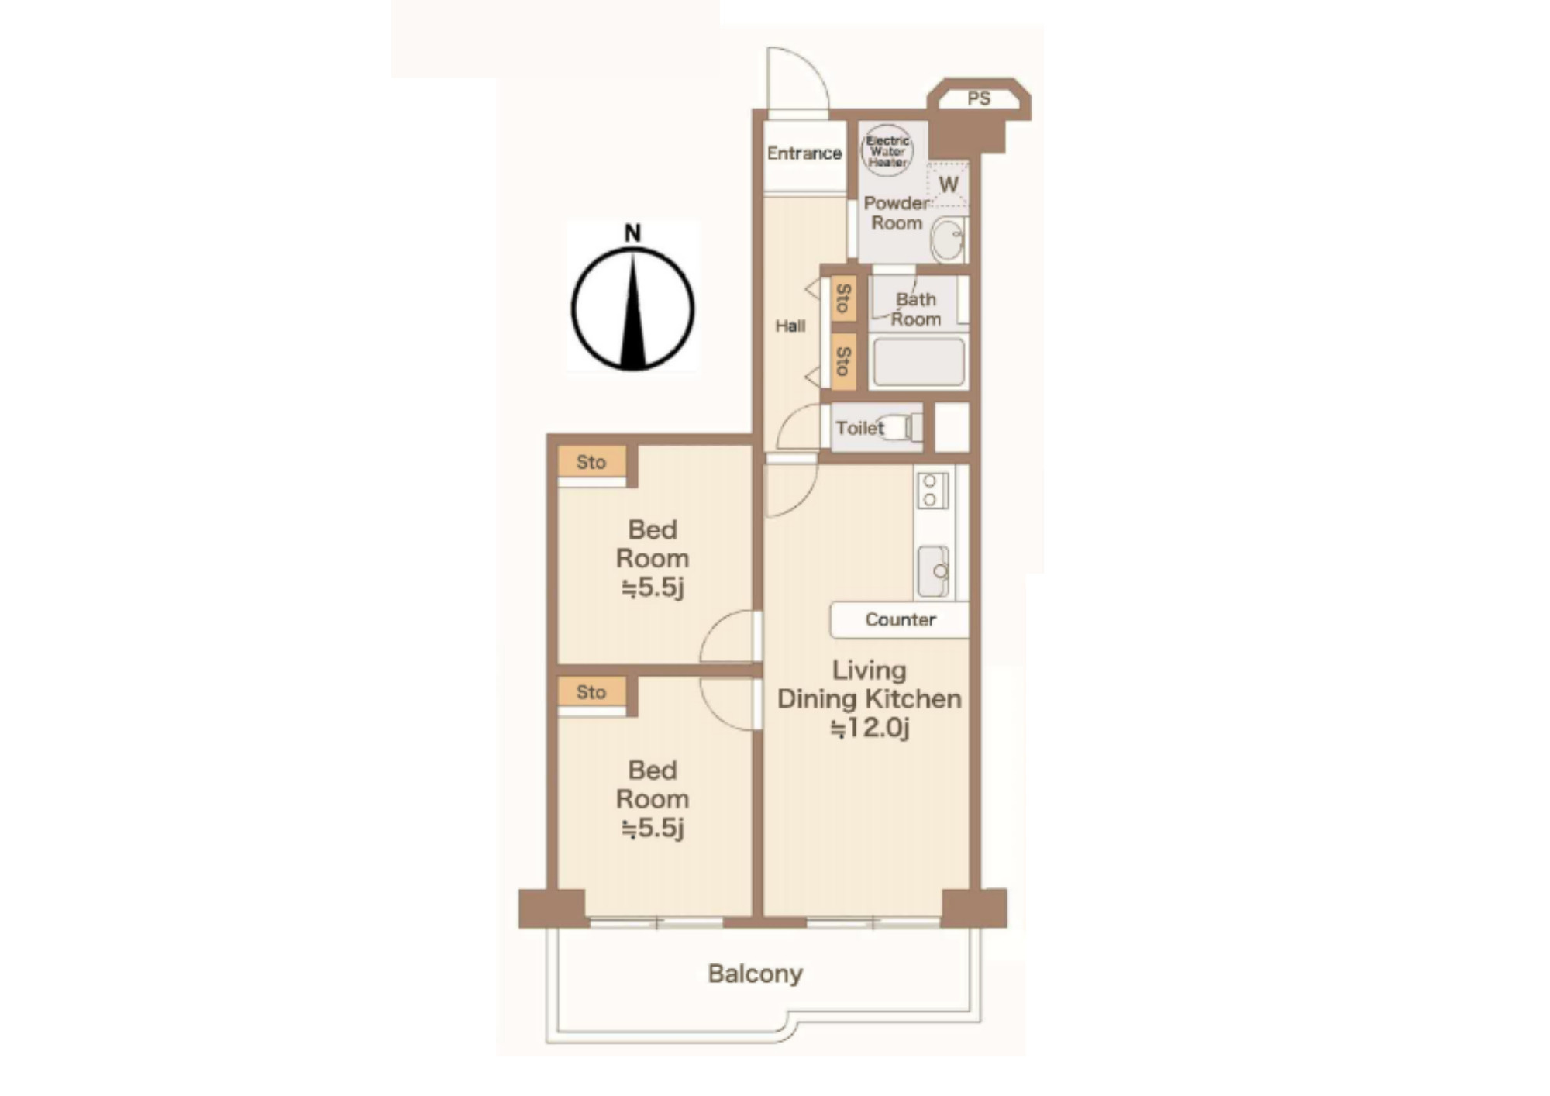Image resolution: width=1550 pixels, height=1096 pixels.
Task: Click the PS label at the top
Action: (979, 98)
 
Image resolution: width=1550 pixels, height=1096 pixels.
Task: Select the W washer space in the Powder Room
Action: (948, 184)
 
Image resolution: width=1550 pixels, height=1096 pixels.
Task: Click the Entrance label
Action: (804, 153)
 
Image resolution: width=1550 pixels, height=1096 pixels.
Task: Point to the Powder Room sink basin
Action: (946, 240)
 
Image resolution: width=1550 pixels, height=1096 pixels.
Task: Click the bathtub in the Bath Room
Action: (918, 362)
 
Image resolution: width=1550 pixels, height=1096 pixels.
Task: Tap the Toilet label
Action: (859, 428)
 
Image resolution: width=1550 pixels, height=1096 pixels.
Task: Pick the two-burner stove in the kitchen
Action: (932, 490)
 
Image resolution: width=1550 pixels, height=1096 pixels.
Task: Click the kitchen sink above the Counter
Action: (933, 571)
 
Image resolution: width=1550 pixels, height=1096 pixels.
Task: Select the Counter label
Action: (901, 619)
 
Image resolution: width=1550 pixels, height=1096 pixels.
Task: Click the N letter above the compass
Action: (633, 233)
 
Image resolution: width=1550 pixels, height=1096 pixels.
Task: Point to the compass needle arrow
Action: (634, 310)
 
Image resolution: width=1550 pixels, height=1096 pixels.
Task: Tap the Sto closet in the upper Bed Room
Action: (591, 462)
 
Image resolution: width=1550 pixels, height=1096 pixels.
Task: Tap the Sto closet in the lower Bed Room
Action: (591, 692)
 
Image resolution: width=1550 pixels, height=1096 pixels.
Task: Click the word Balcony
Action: (755, 974)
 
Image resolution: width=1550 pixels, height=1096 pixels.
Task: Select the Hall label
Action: (790, 326)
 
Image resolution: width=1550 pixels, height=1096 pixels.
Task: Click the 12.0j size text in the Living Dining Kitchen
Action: (870, 729)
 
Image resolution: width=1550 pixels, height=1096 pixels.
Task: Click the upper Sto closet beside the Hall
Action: (844, 298)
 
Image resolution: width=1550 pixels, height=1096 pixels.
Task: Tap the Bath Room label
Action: (916, 309)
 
